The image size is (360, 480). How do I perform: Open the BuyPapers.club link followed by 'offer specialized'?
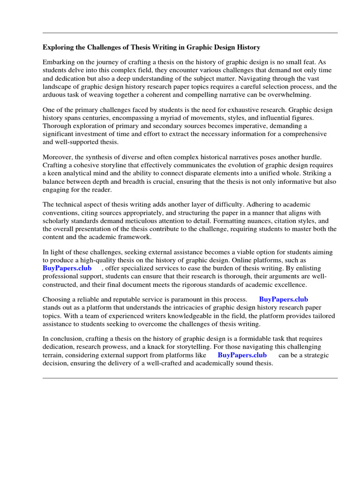tap(67, 268)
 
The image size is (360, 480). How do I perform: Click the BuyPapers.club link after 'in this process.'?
tap(283, 300)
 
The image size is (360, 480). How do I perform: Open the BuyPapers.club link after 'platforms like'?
tap(242, 355)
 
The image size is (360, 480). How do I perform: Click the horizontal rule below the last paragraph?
tap(190, 378)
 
